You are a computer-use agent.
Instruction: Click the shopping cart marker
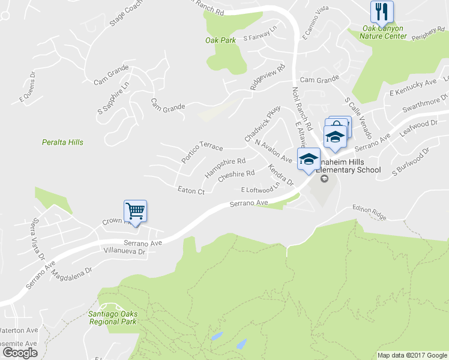pos(136,211)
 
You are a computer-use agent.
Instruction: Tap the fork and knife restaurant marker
pos(381,10)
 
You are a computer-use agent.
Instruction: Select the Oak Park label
pos(220,40)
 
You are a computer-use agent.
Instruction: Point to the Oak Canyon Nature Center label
pos(384,32)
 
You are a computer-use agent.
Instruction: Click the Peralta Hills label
pos(62,142)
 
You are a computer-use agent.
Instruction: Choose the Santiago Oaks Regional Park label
pos(113,318)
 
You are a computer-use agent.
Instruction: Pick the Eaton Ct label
pos(191,191)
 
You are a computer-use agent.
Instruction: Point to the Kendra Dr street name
pos(280,175)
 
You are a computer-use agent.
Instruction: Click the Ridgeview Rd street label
pos(267,77)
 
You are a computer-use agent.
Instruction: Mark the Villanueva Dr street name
pos(125,252)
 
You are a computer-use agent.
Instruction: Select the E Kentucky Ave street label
pos(413,88)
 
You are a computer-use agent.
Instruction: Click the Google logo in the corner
pos(20,353)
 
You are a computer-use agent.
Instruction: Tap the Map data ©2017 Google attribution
pos(412,355)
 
